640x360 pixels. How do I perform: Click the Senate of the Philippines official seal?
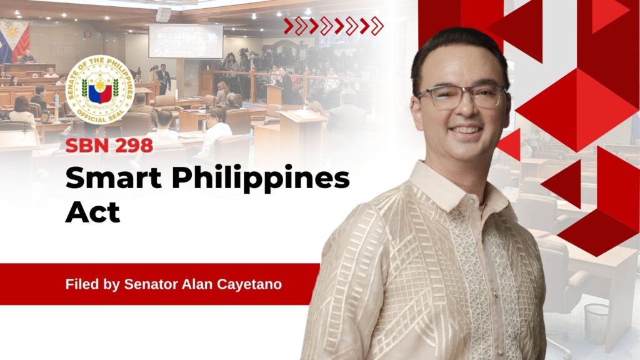(x=100, y=89)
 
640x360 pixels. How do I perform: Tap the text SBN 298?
(x=109, y=146)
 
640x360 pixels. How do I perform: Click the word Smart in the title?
(x=114, y=177)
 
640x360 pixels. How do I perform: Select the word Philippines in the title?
(x=261, y=179)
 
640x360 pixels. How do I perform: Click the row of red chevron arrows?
(x=334, y=26)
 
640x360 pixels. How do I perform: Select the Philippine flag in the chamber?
(x=15, y=41)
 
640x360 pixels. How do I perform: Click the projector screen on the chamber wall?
(x=186, y=41)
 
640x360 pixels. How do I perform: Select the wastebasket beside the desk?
(x=596, y=323)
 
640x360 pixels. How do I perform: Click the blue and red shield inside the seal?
(x=100, y=92)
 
